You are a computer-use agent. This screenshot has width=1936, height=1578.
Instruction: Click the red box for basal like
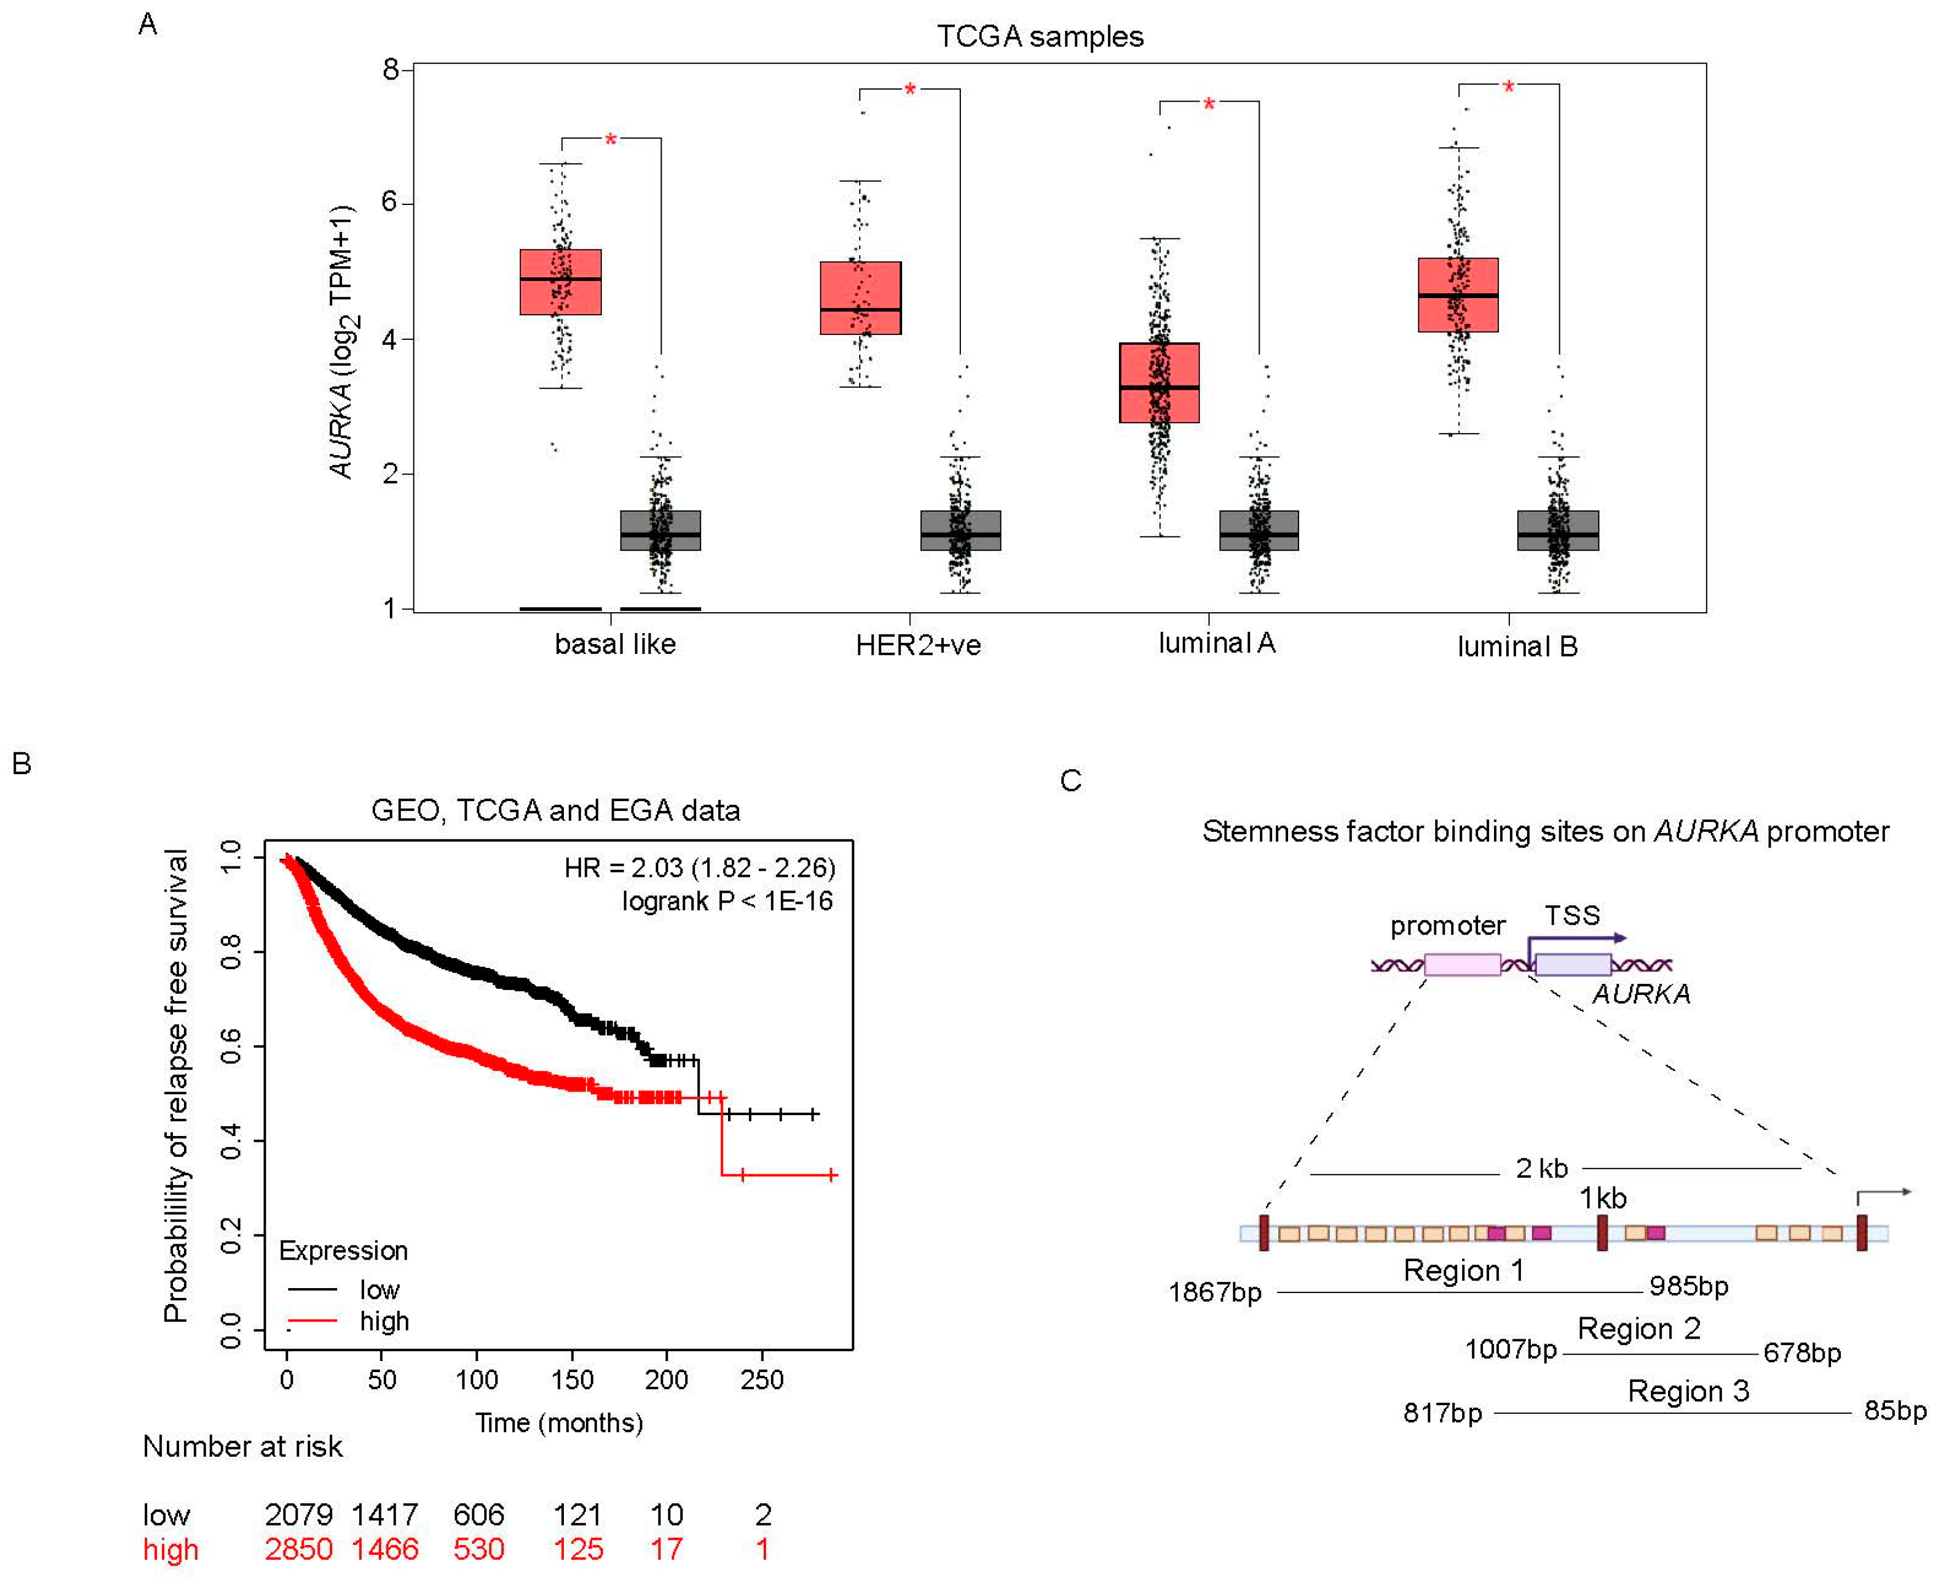pos(560,282)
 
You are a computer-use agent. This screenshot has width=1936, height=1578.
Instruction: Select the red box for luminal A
pos(1159,383)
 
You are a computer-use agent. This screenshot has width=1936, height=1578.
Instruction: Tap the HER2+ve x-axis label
pos(918,645)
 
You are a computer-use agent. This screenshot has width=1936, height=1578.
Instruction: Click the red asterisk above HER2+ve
pos(910,90)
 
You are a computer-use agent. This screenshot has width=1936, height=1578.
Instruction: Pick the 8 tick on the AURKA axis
pos(391,69)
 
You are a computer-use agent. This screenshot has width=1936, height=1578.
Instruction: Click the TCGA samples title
pos(1040,36)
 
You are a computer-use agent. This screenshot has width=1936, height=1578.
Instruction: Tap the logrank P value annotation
pos(727,901)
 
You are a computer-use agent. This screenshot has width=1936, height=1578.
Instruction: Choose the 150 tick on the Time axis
pos(572,1380)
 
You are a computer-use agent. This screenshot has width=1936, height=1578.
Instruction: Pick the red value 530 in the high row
pos(478,1549)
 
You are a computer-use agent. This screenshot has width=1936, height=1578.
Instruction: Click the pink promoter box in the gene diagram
pos(1462,965)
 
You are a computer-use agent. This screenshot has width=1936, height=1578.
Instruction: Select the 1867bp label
pos(1215,1292)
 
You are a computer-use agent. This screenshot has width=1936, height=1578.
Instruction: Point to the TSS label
pos(1573,915)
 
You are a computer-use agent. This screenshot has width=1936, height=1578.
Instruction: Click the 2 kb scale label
pos(1542,1168)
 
